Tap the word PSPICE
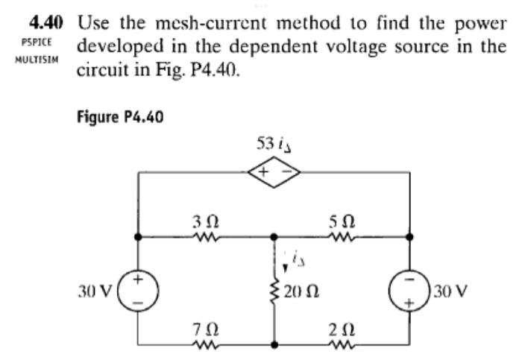click(37, 41)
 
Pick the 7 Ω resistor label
click(202, 328)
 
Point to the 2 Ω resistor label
click(342, 328)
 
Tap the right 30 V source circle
click(410, 291)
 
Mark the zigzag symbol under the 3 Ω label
click(201, 238)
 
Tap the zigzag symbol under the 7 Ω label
click(201, 344)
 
